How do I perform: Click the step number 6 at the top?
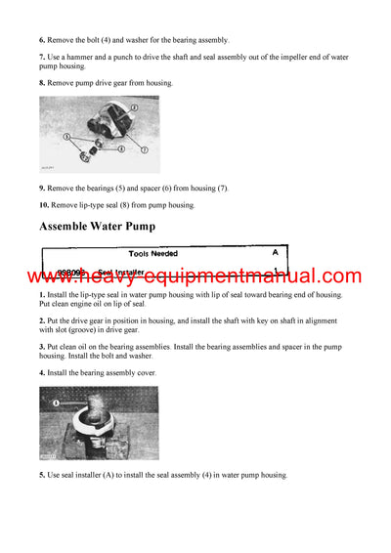point(42,40)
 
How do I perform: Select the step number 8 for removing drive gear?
point(42,84)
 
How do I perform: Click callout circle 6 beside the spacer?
point(120,149)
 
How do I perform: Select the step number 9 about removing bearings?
point(42,187)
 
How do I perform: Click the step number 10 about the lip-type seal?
point(44,205)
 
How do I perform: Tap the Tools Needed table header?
point(165,252)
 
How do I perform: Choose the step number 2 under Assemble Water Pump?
point(42,319)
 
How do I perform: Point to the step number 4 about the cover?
point(42,373)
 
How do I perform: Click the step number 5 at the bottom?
point(42,475)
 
